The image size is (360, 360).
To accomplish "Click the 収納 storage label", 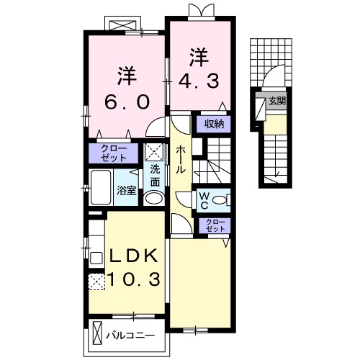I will coord(212,123).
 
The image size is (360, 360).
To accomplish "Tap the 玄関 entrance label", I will coord(276,101).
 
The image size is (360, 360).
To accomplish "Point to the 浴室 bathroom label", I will coord(126,192).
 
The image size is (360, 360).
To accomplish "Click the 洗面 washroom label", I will coord(155,176).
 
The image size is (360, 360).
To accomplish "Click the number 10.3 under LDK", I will coord(135,279).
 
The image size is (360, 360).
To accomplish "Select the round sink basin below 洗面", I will coord(153,198).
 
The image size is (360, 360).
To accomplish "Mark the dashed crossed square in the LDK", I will coord(96,282).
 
